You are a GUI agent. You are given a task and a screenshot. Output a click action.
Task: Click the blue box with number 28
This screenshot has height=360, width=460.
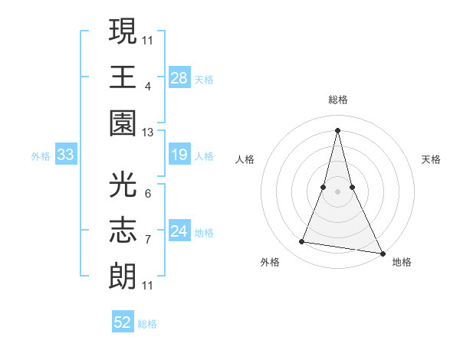pos(179,77)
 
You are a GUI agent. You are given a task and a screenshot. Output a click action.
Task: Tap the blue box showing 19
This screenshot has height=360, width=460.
pos(179,155)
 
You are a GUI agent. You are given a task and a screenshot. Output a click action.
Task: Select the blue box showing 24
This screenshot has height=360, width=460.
pos(179,231)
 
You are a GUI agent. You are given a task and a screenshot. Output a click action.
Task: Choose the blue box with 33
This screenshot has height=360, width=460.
pos(66,155)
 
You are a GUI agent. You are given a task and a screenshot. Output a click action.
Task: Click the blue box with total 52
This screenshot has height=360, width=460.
pos(123,322)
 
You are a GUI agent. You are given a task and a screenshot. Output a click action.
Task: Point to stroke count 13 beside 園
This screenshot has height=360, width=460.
pos(148,133)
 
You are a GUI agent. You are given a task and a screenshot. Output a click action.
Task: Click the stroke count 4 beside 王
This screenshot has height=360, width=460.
pos(148,86)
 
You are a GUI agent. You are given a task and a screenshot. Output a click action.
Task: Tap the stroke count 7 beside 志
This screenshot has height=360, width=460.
pos(148,240)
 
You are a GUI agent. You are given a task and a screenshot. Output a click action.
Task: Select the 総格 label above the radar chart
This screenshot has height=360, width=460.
pos(338,100)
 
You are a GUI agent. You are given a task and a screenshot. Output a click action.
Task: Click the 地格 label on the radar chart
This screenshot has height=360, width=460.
pos(402,262)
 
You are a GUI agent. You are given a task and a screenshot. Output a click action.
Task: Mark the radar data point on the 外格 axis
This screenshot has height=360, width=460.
pos(302,242)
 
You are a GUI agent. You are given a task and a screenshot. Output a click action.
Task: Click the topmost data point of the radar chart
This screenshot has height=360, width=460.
pos(338,129)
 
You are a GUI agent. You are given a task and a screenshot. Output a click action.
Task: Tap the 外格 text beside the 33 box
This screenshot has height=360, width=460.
pos(41,156)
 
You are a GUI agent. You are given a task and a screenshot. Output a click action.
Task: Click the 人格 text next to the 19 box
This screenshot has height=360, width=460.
pos(204,156)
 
